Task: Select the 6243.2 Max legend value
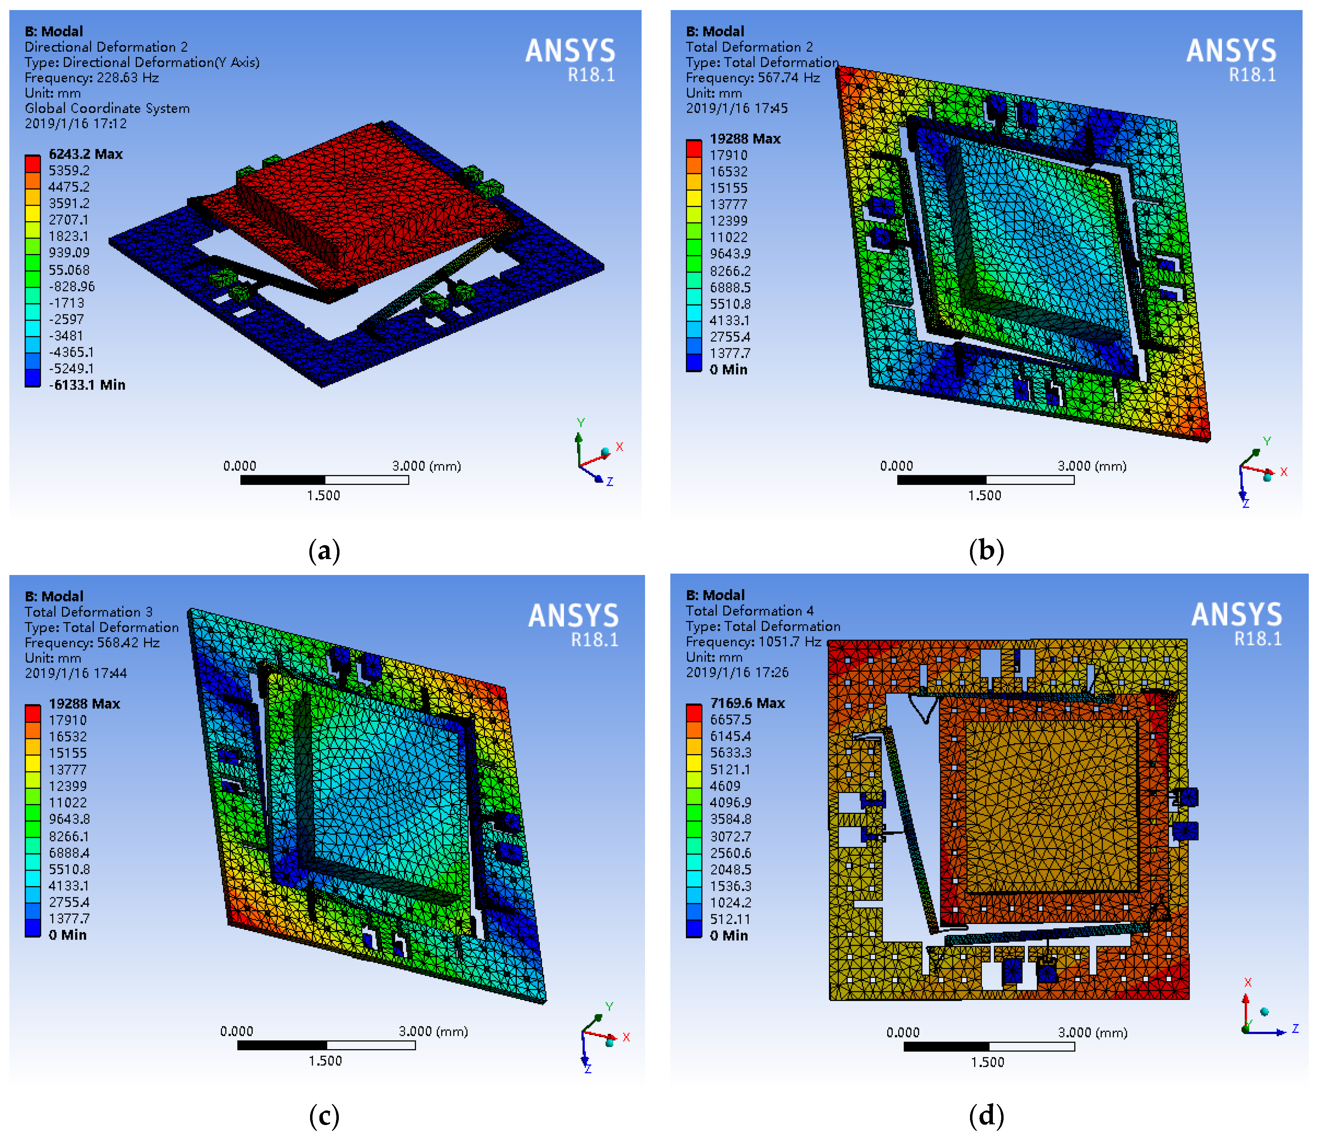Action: (86, 154)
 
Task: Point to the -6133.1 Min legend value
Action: (87, 384)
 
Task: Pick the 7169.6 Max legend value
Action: (747, 703)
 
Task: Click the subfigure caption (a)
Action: (324, 551)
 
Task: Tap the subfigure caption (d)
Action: (987, 1115)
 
